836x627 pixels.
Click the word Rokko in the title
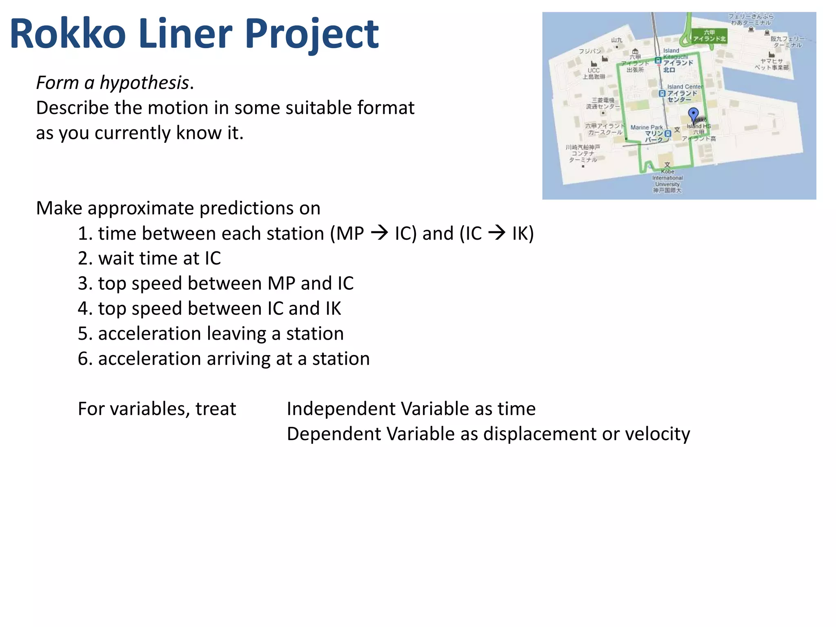tap(68, 34)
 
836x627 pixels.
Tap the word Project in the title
tap(312, 34)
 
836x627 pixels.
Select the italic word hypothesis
tap(145, 83)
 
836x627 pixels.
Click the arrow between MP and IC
tap(379, 233)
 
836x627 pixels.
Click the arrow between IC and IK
tap(497, 233)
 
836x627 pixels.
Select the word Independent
tap(341, 409)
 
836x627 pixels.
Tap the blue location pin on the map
tap(693, 114)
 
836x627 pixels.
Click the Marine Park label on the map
tap(647, 127)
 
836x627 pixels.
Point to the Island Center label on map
tap(684, 87)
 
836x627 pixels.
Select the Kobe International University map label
tap(667, 178)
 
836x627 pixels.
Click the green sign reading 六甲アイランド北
tap(709, 36)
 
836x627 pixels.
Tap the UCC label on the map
tap(594, 70)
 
